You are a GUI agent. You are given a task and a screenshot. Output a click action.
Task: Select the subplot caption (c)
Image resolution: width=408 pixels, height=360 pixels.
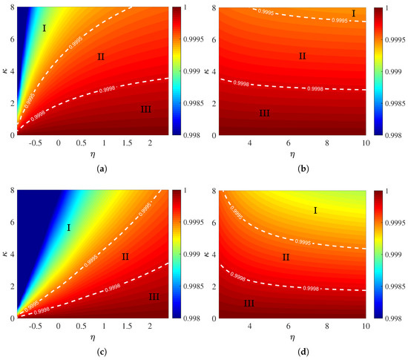point(100,352)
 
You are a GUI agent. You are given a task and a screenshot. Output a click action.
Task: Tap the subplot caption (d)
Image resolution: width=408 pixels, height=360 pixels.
point(304,352)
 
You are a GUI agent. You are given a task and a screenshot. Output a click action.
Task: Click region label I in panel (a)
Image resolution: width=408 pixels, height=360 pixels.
point(45,28)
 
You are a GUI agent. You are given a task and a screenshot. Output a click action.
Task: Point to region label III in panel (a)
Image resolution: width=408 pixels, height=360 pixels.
point(145,110)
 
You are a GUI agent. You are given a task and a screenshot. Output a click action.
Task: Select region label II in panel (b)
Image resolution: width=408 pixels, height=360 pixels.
point(302,56)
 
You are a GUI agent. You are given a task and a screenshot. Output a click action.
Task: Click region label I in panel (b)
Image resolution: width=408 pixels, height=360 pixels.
point(353,14)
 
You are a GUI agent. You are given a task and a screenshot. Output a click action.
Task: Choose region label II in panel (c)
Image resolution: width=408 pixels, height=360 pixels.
point(125,257)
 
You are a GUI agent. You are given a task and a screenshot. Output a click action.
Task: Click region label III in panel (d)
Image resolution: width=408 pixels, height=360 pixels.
point(249,304)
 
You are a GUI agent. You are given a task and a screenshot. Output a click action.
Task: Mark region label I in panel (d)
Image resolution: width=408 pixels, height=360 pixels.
point(315,212)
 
